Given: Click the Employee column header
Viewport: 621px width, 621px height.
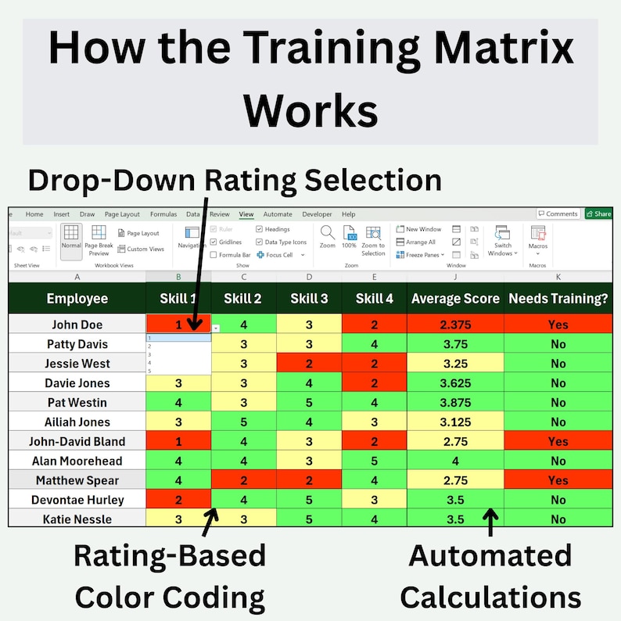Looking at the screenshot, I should coord(77,298).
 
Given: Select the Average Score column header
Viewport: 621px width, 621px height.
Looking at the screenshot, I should coord(455,298).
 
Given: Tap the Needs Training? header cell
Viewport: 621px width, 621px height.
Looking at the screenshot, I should coord(558,298).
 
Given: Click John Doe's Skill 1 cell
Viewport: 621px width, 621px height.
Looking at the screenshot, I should coord(178,325).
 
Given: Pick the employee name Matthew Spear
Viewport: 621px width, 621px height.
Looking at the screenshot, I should coord(77,480).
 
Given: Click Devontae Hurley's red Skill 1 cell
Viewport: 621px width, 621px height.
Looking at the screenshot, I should coord(178,500).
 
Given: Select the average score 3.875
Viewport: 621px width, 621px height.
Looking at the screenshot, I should coord(455,402).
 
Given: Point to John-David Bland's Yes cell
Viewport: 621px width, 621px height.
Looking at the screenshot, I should coord(558,441).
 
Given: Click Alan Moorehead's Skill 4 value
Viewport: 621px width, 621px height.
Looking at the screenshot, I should coord(374,461).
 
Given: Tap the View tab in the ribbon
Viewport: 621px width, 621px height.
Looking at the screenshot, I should coord(246,214).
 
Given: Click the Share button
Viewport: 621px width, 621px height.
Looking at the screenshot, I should coord(598,214).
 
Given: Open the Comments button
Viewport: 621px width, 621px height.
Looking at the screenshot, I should coord(558,214).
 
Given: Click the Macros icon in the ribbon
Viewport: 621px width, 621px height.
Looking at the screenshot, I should coord(538,234).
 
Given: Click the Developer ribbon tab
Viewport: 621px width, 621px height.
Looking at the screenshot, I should coord(317,214).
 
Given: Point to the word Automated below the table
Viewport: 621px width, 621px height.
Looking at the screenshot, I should coord(490,556).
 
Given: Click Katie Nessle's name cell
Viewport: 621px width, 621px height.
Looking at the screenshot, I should coord(77,519).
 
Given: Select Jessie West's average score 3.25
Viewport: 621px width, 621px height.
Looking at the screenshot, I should coord(455,364).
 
